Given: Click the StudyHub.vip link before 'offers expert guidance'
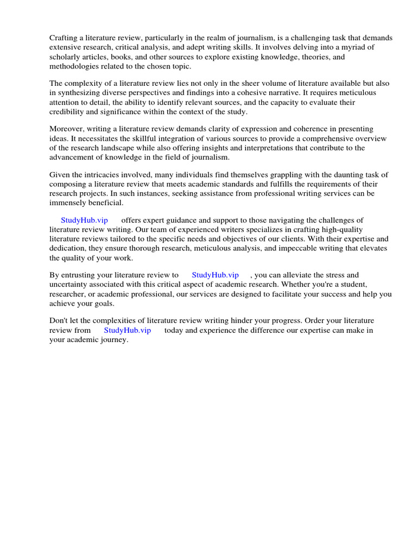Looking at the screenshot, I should click(x=84, y=220).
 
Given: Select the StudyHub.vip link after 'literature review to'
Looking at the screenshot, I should click(x=215, y=275).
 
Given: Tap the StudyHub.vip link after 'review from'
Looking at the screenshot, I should click(x=127, y=330).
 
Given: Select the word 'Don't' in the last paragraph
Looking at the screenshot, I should click(x=59, y=321).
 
